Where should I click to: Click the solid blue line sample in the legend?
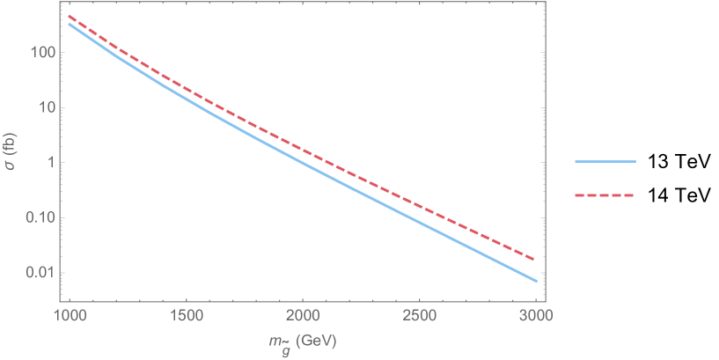[605, 162]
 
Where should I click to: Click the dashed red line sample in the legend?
[605, 195]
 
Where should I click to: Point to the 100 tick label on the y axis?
[43, 53]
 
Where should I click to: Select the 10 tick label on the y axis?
[48, 108]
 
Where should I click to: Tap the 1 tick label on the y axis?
[51, 163]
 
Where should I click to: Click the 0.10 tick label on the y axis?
[42, 218]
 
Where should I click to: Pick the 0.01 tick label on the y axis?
[42, 273]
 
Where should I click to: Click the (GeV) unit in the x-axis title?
[316, 340]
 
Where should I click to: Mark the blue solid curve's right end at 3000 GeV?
[536, 282]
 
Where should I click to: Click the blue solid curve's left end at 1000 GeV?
[69, 24]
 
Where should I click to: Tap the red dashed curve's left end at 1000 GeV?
[70, 16]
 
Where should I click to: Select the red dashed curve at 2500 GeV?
[419, 205]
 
